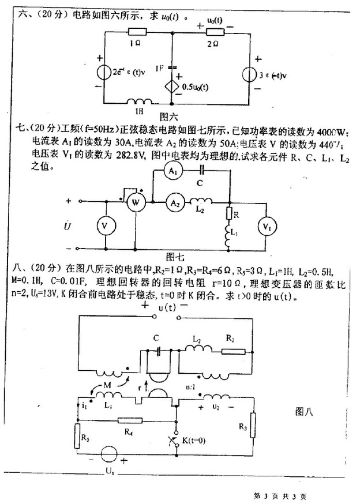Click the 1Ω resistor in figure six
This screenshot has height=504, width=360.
[137, 33]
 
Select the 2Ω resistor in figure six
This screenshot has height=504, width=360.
[212, 33]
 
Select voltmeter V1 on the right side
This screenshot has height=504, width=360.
[266, 226]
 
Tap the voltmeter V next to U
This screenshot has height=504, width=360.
[104, 226]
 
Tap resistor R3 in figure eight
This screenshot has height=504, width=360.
[252, 426]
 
